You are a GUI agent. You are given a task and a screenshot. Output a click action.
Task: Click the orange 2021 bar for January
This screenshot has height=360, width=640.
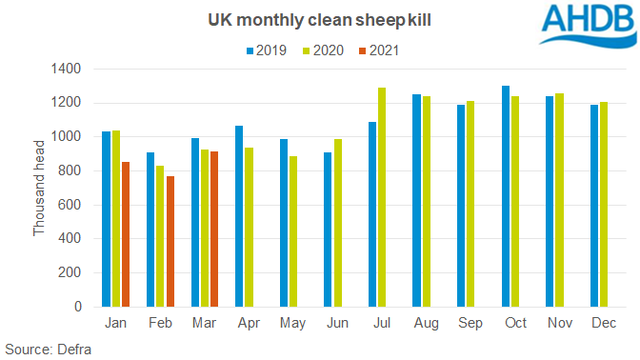click(125, 234)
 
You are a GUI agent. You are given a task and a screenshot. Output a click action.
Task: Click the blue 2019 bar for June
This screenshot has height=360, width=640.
click(329, 230)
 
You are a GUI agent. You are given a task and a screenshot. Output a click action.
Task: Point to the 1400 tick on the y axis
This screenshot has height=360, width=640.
click(69, 70)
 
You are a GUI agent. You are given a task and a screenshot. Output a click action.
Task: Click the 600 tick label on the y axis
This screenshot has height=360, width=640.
click(72, 205)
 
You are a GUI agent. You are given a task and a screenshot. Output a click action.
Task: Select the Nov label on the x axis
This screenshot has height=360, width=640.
click(560, 325)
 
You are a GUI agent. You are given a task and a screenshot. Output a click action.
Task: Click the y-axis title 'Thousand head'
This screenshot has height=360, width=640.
click(39, 188)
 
